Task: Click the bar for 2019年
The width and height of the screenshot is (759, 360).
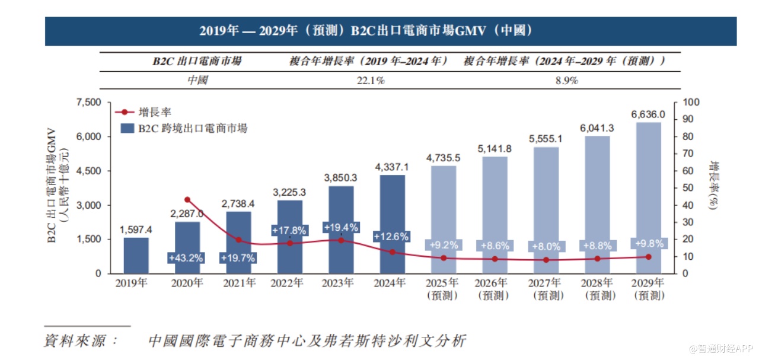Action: tap(136, 255)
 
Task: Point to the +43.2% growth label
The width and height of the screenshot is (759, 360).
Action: tap(187, 259)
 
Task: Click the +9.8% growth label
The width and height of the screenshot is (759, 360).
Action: tap(649, 243)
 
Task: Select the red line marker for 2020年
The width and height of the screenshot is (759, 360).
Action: tap(187, 200)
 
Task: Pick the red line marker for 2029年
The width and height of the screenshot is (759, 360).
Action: tap(648, 257)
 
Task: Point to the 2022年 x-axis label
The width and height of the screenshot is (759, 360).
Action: tap(289, 283)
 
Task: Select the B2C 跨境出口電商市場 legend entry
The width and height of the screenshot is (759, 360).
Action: tap(184, 128)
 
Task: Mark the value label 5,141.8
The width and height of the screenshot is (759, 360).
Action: tap(494, 148)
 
